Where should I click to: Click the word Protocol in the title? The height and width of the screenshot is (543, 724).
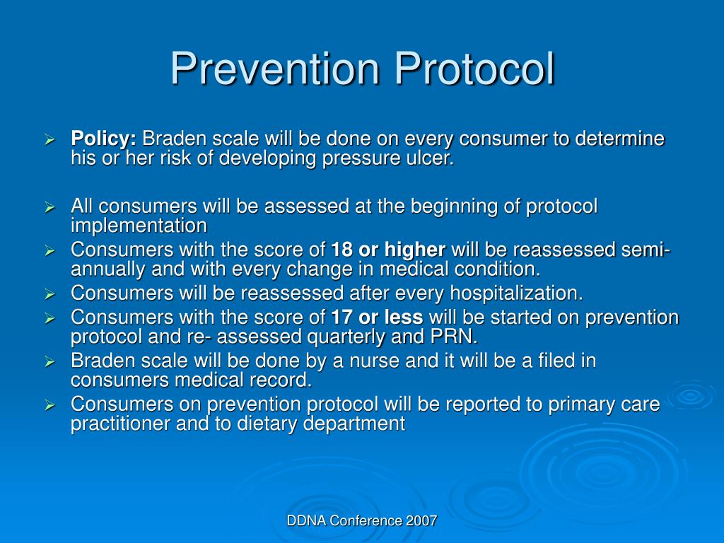point(474,69)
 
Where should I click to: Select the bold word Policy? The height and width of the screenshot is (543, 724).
point(104,139)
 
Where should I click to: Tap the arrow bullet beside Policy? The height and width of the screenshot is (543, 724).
point(50,139)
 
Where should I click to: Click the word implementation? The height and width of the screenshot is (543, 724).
point(139,226)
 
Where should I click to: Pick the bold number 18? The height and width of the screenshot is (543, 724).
point(342,250)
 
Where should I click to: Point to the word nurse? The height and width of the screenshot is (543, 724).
point(377,361)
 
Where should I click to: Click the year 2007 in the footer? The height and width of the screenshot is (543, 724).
point(422,521)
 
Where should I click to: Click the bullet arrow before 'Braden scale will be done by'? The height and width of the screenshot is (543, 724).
point(50,362)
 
